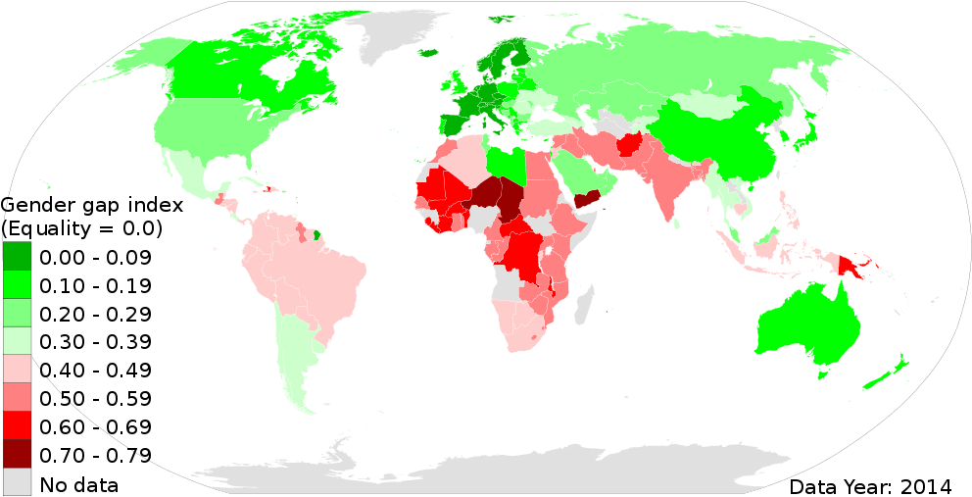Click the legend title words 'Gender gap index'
(x=93, y=207)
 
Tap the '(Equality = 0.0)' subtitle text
(x=82, y=229)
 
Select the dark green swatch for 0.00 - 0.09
(x=17, y=258)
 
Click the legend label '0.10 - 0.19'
(x=94, y=286)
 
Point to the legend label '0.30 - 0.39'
(x=94, y=342)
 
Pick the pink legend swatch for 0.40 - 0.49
(x=17, y=371)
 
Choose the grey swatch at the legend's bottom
(x=17, y=481)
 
